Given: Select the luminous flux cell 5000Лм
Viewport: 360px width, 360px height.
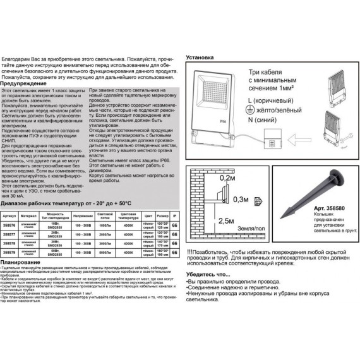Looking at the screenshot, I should (x=104, y=251).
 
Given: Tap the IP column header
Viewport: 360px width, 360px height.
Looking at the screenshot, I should (x=174, y=215).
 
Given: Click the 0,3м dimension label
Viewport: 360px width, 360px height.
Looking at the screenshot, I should (x=239, y=200).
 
